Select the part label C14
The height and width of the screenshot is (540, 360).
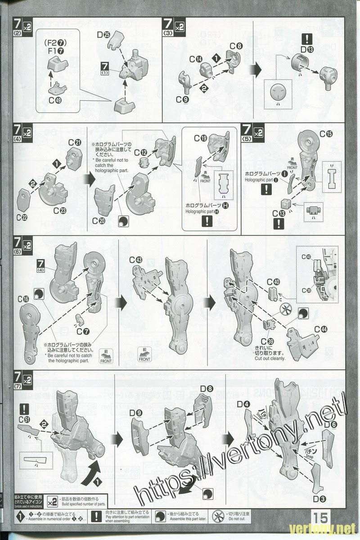point(195,59)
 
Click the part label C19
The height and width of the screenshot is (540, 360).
point(201,139)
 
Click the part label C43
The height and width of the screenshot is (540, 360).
point(135,260)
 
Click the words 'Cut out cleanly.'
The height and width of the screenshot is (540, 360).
point(270,359)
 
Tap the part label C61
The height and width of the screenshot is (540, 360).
point(24,419)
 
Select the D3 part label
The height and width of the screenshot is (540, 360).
point(320,498)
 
